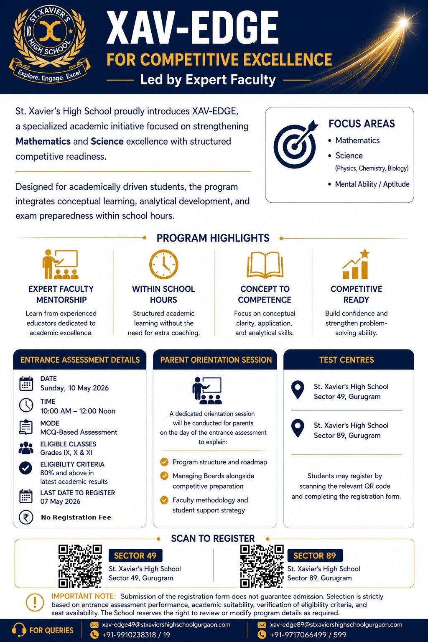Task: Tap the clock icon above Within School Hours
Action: (164, 265)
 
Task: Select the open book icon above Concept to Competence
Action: (265, 265)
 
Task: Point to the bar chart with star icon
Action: (356, 265)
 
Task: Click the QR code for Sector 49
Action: (80, 566)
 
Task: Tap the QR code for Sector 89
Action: (262, 566)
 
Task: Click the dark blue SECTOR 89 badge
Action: (315, 555)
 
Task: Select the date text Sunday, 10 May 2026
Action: (74, 388)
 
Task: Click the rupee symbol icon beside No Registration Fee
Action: (26, 517)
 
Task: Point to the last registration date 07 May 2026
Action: (60, 501)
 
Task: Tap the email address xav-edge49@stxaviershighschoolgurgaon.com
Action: (166, 624)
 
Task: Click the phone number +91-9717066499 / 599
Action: (308, 634)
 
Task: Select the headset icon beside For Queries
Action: (19, 630)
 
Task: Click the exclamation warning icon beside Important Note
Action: (35, 602)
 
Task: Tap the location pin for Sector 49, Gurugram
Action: (297, 390)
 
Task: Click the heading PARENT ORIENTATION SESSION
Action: (216, 360)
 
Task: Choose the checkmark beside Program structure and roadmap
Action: (164, 462)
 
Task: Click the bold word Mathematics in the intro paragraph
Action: (43, 141)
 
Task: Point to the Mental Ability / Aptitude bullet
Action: (372, 184)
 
